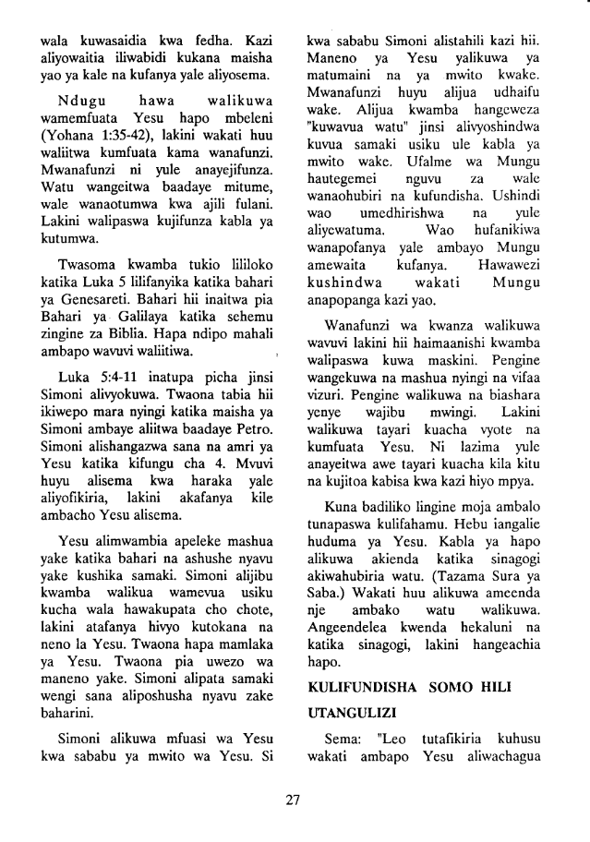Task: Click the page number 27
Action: [295, 800]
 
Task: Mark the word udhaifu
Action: [523, 98]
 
